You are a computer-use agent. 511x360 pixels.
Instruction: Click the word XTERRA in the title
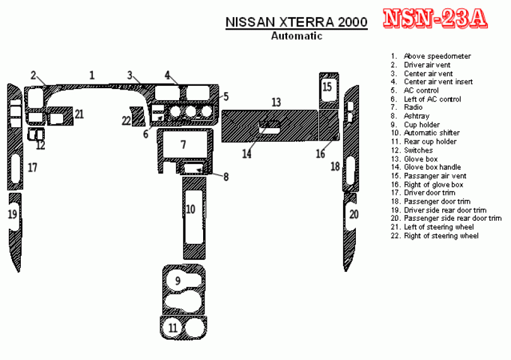(304, 23)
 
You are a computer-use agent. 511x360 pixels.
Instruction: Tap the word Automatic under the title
(297, 36)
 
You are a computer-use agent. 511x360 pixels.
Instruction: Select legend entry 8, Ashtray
(416, 116)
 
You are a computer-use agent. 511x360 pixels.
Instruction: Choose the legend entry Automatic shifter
(432, 133)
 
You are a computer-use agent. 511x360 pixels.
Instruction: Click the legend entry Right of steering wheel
(441, 236)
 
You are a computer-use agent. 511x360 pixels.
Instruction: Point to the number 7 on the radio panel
(183, 145)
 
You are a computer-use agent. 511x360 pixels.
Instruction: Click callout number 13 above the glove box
(276, 102)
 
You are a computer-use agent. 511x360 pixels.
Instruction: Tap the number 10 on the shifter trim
(190, 209)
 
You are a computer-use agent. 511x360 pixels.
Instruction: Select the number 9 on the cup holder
(178, 281)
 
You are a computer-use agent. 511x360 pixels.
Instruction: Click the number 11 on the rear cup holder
(173, 328)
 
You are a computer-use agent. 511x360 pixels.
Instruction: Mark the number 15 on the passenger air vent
(327, 86)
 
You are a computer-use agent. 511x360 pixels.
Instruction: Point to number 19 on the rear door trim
(12, 214)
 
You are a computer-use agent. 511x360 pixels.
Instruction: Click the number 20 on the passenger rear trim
(353, 214)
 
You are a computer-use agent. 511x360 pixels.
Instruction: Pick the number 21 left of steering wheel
(79, 113)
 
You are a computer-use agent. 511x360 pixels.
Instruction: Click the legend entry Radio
(413, 107)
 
